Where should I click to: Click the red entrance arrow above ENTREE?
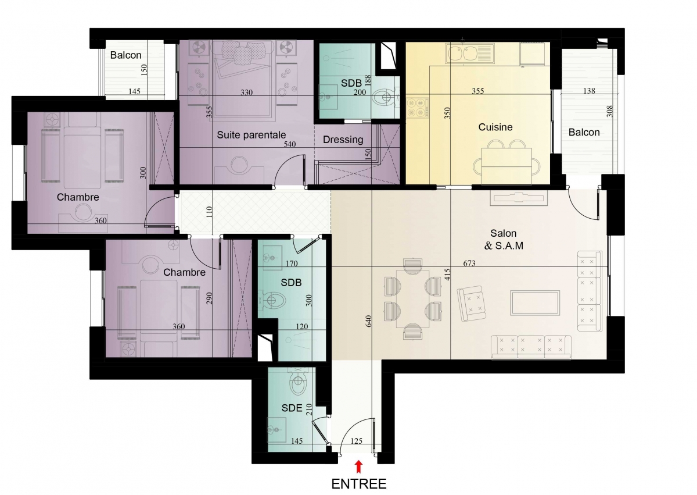coord(358,467)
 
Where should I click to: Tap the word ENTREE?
coord(359,484)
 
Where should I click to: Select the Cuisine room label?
coord(495,127)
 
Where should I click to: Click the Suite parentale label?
coord(251,135)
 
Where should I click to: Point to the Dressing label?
coord(343,140)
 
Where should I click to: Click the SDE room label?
coord(292,408)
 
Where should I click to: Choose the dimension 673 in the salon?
coord(469,263)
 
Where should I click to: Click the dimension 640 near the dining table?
coord(368,321)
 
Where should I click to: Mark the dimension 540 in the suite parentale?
coord(290,144)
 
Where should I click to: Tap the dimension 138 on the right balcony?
coord(589,91)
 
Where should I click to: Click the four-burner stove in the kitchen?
coord(417,108)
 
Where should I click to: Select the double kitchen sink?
coord(470,53)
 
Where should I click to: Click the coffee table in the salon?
coord(535,303)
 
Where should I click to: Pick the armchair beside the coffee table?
coord(472,304)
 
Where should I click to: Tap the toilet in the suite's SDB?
coord(385,98)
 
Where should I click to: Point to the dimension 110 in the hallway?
coord(210,212)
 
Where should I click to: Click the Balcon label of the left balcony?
coord(125,55)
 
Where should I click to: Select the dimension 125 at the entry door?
coord(356,441)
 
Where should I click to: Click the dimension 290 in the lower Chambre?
coord(210,298)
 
